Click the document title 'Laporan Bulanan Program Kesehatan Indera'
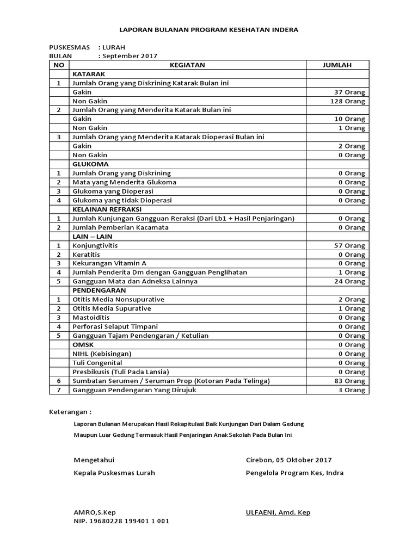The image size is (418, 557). coord(208,30)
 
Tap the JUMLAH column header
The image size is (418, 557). coord(337,65)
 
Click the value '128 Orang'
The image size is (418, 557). coord(347,101)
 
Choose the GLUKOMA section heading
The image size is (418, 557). coord(90,164)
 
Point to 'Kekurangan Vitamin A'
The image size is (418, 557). coord(109,263)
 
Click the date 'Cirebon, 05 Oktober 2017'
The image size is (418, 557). coord(288,460)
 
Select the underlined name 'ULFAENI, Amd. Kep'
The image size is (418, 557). coord(278,512)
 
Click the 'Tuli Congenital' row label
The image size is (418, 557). coord(97,363)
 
